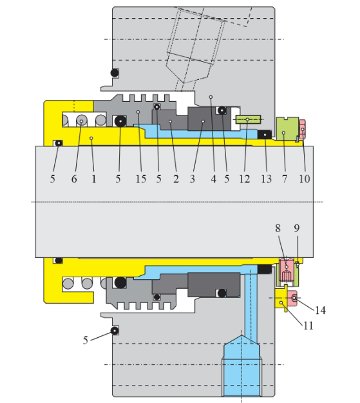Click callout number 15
(139, 179)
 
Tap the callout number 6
(74, 179)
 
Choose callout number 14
(319, 310)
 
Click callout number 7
(285, 179)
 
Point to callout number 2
(175, 179)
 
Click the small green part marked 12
(248, 119)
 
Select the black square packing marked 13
(264, 134)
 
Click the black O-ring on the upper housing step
(115, 72)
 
